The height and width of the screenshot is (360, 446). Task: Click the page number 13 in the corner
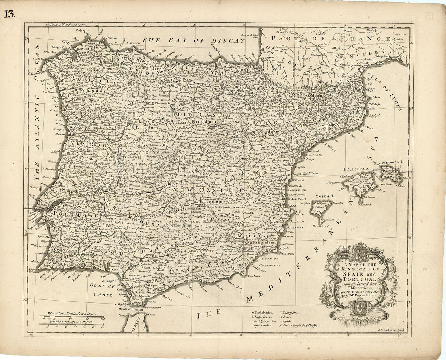coord(10,14)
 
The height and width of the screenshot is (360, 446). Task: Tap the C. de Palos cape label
coord(288,254)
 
